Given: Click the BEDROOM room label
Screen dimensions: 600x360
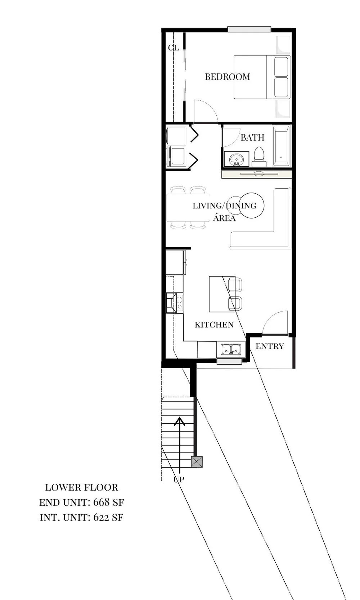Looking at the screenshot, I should click(227, 77).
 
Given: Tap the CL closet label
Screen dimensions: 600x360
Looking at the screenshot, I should click(173, 48).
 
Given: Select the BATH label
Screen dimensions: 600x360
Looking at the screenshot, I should click(252, 137).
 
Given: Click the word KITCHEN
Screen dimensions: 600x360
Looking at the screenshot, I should click(214, 325).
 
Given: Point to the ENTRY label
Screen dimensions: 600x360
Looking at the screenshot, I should click(270, 346).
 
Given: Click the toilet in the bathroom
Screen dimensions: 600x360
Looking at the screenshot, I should click(259, 157).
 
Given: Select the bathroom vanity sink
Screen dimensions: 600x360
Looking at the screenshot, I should click(237, 159).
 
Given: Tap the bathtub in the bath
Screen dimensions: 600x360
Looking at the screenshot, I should click(281, 146).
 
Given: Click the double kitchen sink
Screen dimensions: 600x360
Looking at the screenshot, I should click(231, 349).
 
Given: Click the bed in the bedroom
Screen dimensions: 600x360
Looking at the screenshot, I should click(262, 77).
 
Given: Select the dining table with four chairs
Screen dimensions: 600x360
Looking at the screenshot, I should click(188, 207).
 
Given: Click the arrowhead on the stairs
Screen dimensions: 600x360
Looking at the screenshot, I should click(179, 421).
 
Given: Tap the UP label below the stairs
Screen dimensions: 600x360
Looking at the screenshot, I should click(179, 479).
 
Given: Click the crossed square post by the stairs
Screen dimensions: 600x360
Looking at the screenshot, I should click(197, 462).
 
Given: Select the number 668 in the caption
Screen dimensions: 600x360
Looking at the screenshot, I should click(101, 502).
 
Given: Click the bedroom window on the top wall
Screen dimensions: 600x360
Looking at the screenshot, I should click(249, 29).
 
